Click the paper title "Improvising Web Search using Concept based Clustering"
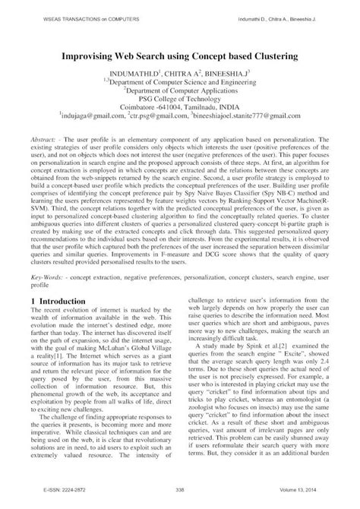[179, 57]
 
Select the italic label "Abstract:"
[47, 142]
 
